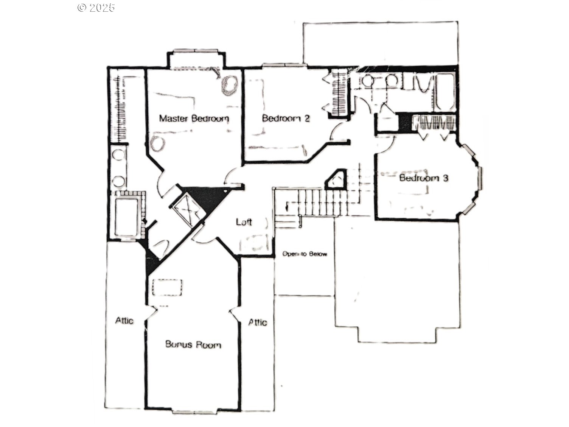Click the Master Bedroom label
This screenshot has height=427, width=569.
pyautogui.click(x=194, y=118)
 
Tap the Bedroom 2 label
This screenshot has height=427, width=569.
pyautogui.click(x=286, y=118)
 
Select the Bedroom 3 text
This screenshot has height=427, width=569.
pyautogui.click(x=424, y=178)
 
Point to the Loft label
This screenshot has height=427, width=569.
pyautogui.click(x=244, y=222)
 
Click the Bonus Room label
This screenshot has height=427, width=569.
pyautogui.click(x=193, y=344)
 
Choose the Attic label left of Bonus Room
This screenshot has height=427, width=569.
pyautogui.click(x=124, y=321)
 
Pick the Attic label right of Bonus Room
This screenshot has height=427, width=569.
pyautogui.click(x=257, y=322)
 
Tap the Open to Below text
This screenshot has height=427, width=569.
pyautogui.click(x=305, y=254)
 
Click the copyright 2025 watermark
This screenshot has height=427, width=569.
pyautogui.click(x=96, y=8)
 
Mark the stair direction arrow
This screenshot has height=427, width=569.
pyautogui.click(x=287, y=206)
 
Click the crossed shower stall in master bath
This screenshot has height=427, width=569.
pyautogui.click(x=187, y=210)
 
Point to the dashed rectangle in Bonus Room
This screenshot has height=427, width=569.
pyautogui.click(x=167, y=287)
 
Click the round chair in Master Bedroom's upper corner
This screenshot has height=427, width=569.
pyautogui.click(x=229, y=85)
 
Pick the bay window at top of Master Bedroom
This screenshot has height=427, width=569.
pyautogui.click(x=196, y=51)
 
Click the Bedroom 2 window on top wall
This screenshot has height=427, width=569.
pyautogui.click(x=284, y=65)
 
